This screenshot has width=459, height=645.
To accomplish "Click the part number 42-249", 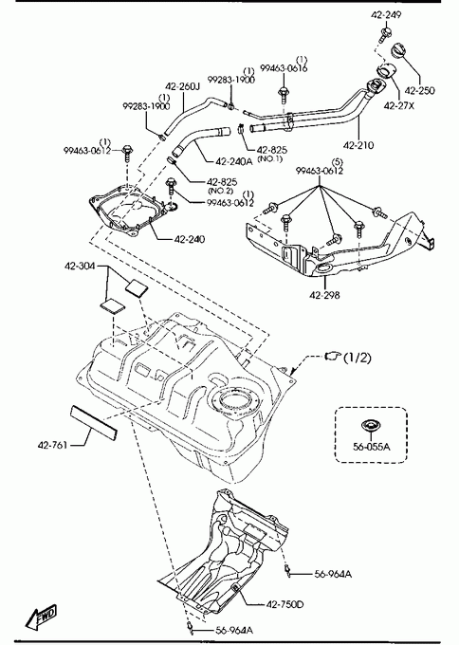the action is click(x=386, y=15).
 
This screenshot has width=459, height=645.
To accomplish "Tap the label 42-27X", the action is click(x=398, y=105).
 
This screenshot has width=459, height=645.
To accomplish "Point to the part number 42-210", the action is click(x=358, y=145).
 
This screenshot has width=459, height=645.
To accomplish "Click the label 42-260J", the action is click(x=182, y=87).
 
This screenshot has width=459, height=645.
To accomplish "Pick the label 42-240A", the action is click(x=233, y=161).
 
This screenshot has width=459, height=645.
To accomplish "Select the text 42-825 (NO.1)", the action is click(x=271, y=154).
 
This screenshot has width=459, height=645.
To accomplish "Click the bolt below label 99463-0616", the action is click(x=284, y=96).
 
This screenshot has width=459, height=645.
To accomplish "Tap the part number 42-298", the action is click(x=325, y=295).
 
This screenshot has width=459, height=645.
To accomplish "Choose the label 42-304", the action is click(x=80, y=267).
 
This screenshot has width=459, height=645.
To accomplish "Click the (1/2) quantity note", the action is click(x=357, y=358).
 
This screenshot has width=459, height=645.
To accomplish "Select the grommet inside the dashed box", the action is click(x=370, y=426).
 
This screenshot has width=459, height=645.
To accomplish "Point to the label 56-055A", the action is click(x=371, y=447).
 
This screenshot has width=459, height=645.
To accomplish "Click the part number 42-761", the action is click(x=52, y=445).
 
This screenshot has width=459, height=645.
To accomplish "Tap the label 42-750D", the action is click(x=285, y=604).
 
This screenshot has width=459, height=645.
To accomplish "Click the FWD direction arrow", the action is click(x=41, y=617).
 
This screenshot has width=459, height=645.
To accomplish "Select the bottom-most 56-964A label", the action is click(x=234, y=630).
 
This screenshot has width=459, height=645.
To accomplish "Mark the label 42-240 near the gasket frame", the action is click(x=190, y=239).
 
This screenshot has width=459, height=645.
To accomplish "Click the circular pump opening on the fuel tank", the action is click(x=235, y=400).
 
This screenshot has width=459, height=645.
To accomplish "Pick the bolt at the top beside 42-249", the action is click(x=385, y=34).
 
